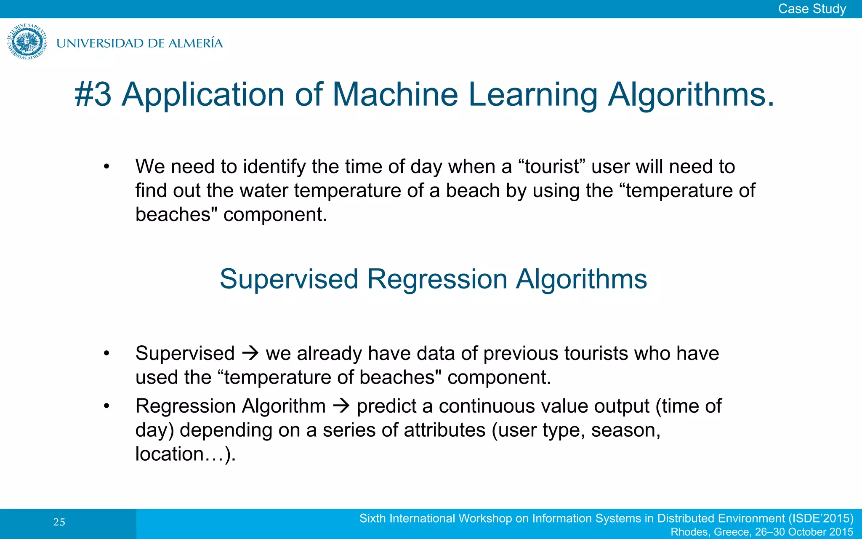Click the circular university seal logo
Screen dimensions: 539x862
point(27,42)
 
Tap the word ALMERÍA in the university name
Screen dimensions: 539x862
point(195,43)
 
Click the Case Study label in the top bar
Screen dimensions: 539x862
point(811,8)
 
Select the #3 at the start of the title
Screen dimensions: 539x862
point(93,94)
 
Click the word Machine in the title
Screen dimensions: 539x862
point(395,94)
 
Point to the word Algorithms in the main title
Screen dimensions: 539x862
point(690,94)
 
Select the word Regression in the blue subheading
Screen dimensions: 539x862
point(437,279)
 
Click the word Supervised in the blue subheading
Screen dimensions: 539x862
point(289,279)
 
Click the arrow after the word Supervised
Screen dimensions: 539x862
point(250,353)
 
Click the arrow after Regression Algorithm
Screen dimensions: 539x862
point(341,406)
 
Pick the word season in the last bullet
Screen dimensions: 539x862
point(625,430)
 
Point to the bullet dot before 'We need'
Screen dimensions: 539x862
point(106,167)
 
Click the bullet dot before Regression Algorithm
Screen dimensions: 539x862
point(106,406)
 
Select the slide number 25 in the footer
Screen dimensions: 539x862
point(59,522)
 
